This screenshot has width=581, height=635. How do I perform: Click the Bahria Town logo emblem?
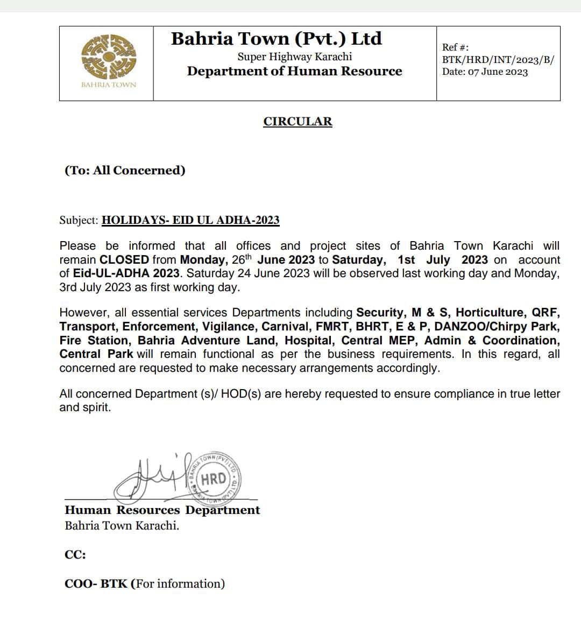109,57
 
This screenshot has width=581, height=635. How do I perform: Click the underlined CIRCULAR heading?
297,122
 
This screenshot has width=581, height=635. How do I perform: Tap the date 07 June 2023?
498,72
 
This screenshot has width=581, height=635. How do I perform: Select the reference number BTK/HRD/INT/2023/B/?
498,60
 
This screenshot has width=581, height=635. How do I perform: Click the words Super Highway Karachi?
295,57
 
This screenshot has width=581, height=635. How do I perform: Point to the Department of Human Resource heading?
294,72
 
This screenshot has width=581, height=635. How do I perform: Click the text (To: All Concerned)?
125,171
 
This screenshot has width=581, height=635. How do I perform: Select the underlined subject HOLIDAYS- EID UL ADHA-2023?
190,220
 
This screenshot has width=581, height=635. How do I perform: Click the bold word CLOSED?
124,259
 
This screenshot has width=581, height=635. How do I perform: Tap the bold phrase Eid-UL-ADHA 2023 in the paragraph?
126,273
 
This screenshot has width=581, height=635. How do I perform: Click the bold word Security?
379,313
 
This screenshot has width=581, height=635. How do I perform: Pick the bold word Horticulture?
491,313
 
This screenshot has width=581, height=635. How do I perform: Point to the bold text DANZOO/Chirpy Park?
497,327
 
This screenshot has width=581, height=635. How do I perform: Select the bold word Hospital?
309,341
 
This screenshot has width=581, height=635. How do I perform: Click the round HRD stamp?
214,478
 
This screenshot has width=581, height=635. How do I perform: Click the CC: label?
75,555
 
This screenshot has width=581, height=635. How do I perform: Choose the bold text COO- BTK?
97,584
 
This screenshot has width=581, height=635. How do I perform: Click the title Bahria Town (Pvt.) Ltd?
277,39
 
